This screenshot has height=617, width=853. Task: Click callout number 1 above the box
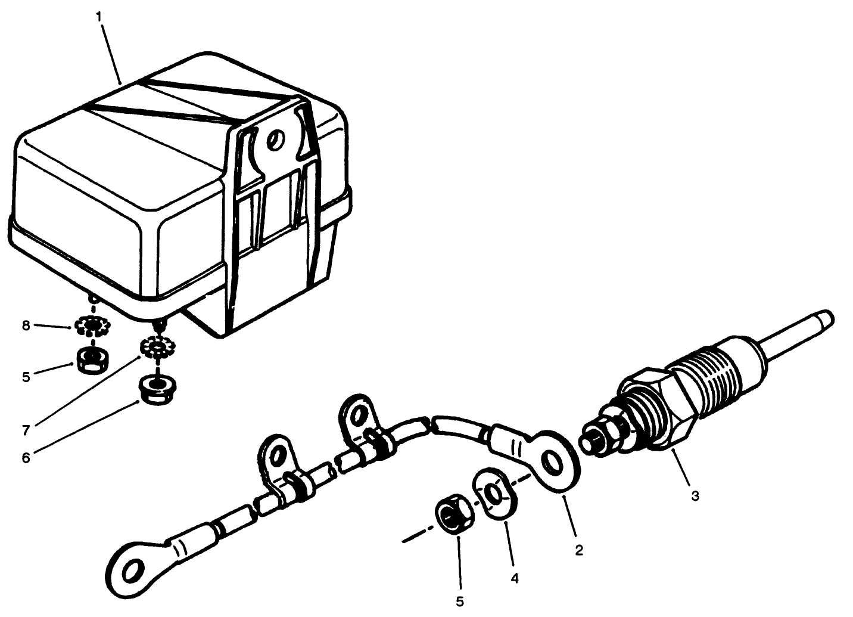(x=99, y=16)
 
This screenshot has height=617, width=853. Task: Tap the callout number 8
(x=26, y=326)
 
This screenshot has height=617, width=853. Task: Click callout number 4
(x=515, y=578)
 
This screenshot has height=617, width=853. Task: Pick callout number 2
(x=578, y=550)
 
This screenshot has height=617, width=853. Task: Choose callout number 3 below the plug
(x=695, y=495)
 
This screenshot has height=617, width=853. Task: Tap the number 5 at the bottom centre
(x=460, y=602)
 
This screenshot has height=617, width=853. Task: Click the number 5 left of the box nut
(x=26, y=377)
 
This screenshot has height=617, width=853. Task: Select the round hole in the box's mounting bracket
(x=275, y=141)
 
